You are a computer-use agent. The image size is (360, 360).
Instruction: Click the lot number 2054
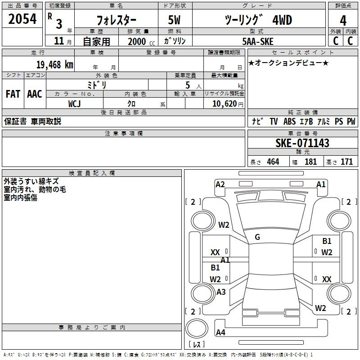tap(22, 19)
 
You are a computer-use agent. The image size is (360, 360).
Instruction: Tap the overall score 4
tap(343, 21)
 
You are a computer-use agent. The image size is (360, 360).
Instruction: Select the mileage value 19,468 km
tap(54, 65)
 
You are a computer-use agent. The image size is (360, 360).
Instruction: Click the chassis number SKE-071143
tap(302, 143)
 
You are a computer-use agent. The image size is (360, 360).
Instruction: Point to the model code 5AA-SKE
tap(258, 41)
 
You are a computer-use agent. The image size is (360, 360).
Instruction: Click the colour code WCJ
tap(74, 104)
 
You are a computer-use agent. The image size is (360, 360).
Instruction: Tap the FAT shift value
tap(13, 94)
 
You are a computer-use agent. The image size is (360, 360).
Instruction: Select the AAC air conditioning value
tap(35, 94)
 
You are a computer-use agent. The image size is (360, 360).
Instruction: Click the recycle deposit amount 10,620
tap(224, 104)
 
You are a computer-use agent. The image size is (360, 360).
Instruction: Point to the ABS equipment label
tap(289, 121)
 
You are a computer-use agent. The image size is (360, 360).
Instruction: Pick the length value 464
tap(273, 162)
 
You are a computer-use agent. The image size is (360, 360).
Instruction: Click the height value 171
tap(346, 162)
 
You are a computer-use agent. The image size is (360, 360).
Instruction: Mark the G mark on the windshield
tap(257, 237)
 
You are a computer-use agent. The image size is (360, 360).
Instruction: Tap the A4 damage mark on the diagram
tap(220, 332)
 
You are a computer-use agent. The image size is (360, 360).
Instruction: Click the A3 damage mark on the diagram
tap(221, 292)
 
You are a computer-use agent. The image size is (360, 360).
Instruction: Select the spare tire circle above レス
tap(197, 328)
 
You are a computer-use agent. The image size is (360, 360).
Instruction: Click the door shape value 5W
tap(174, 20)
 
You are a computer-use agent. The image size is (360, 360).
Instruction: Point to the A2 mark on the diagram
tap(220, 184)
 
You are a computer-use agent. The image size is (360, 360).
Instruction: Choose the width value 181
tap(310, 162)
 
